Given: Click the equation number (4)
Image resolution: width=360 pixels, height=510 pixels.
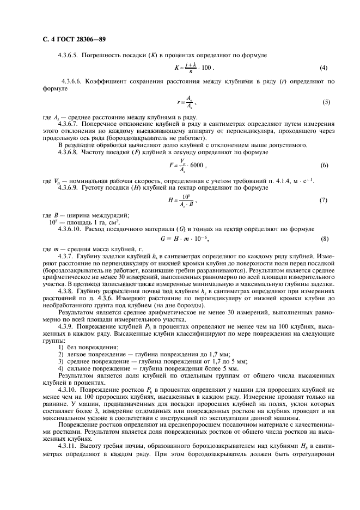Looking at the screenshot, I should point(324,68).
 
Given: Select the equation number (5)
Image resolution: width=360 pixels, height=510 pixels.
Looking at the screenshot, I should point(326,102).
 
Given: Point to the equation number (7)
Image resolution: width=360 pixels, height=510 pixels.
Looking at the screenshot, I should point(324,201).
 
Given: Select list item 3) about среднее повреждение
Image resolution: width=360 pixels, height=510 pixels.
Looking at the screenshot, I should point(152,361).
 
